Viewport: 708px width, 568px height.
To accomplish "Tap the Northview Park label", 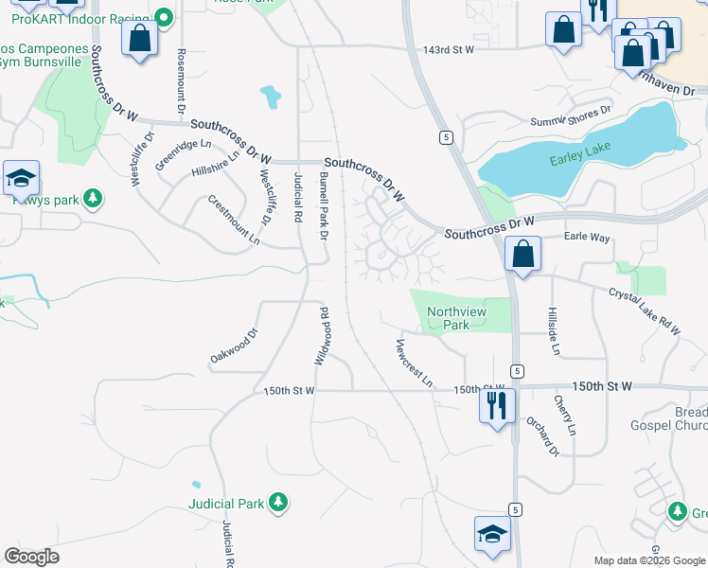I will (x=448, y=317).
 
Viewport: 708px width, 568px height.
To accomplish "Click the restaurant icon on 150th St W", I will (x=497, y=406).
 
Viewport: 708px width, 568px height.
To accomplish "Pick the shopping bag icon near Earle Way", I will (x=522, y=254).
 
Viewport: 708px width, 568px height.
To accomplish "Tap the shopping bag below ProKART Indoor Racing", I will (x=140, y=39).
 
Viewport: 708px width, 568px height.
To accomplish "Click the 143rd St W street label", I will (x=448, y=49).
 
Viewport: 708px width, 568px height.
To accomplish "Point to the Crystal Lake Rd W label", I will (x=644, y=312).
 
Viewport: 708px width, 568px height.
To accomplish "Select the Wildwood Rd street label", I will (x=322, y=337).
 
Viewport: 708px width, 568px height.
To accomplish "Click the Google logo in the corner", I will (x=31, y=557).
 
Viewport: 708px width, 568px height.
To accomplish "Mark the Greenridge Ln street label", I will (x=177, y=153).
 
